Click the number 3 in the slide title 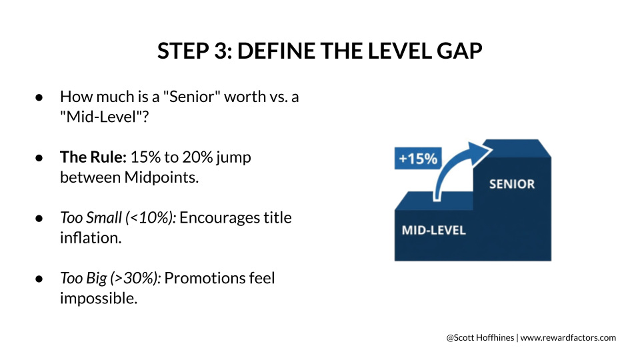click(x=221, y=51)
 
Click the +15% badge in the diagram click(x=418, y=158)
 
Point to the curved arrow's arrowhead click(x=479, y=152)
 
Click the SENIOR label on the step click(x=512, y=184)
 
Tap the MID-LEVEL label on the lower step click(x=433, y=230)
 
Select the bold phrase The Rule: click(x=93, y=157)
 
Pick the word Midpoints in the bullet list click(x=161, y=177)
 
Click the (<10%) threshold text click(x=151, y=217)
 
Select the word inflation click(x=91, y=237)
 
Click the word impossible click(x=99, y=299)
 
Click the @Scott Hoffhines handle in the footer click(x=480, y=337)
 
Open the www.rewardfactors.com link click(x=568, y=338)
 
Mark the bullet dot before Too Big click(x=39, y=279)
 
